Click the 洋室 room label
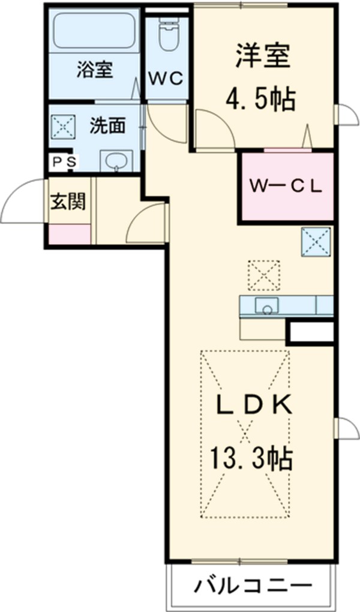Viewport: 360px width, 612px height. (262, 57)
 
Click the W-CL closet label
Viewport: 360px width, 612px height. (287, 185)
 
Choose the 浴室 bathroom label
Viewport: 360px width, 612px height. (94, 69)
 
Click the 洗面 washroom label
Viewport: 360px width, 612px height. (108, 125)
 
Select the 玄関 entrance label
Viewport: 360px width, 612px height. (67, 202)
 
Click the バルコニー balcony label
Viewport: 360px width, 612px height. (253, 585)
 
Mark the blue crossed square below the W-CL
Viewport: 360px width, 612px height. (316, 241)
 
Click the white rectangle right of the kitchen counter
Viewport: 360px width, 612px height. (310, 331)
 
